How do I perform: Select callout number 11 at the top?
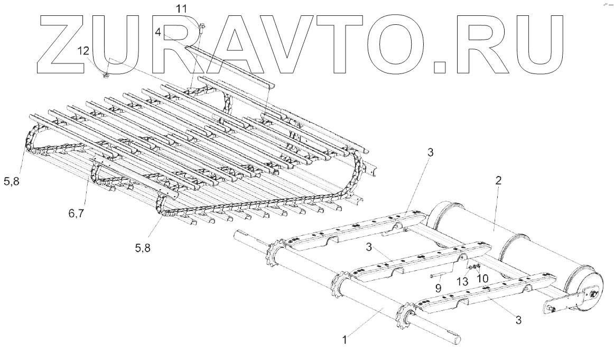pos(182,9)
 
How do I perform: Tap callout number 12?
pos(83,50)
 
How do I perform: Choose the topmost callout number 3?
pos(431,153)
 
